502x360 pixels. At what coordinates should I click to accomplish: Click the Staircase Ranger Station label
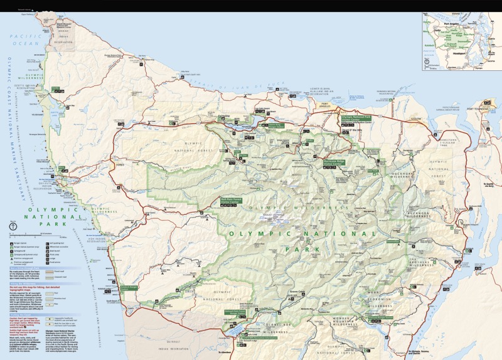pyautogui.click(x=380, y=318)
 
